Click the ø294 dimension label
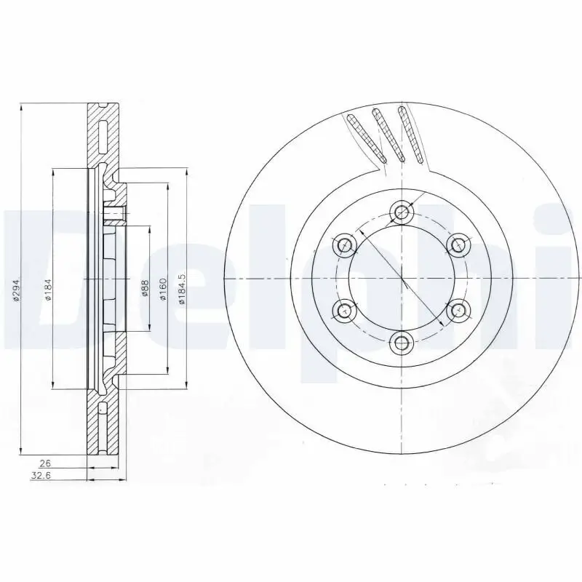(x=15, y=291)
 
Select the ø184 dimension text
(x=48, y=291)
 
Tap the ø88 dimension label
(x=145, y=290)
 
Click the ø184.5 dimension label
(x=182, y=287)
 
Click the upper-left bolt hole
(x=344, y=245)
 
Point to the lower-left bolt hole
(x=343, y=311)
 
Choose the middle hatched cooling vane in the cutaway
(x=389, y=135)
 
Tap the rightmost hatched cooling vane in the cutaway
(x=411, y=134)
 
